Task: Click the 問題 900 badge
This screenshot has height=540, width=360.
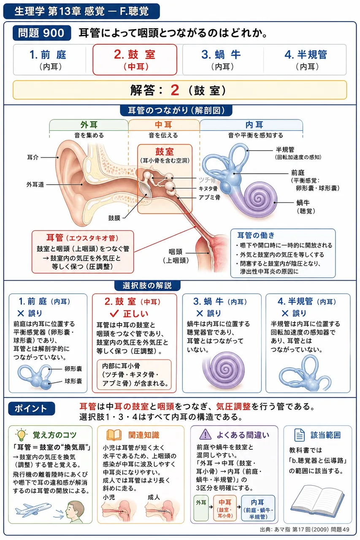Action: pyautogui.click(x=42, y=33)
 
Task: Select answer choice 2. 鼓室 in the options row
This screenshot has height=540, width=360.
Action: pyautogui.click(x=135, y=59)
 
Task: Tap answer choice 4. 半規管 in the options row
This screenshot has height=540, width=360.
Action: pyautogui.click(x=306, y=59)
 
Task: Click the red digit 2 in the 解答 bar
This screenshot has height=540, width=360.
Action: pyautogui.click(x=175, y=90)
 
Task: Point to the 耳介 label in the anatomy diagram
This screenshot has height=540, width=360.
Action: pyautogui.click(x=33, y=157)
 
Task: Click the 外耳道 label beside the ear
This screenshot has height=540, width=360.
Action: pyautogui.click(x=35, y=185)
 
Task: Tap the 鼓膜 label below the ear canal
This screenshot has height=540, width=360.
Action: pyautogui.click(x=114, y=218)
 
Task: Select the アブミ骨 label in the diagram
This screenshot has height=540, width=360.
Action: pyautogui.click(x=209, y=197)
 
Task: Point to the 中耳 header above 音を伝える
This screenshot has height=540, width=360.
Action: pyautogui.click(x=163, y=125)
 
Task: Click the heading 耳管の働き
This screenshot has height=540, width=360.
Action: pyautogui.click(x=256, y=235)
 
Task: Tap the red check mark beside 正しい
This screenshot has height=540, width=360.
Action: pyautogui.click(x=114, y=313)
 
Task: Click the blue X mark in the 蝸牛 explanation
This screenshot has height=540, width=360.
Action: pyautogui.click(x=200, y=313)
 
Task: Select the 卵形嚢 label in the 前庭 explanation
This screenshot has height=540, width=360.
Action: pyautogui.click(x=73, y=369)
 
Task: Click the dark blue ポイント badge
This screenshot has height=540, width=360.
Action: pyautogui.click(x=32, y=408)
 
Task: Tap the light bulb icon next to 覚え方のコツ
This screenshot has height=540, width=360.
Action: pyautogui.click(x=21, y=435)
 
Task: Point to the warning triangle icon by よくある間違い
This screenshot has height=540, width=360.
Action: pyautogui.click(x=205, y=435)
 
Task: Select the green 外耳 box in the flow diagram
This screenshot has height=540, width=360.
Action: pyautogui.click(x=201, y=508)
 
